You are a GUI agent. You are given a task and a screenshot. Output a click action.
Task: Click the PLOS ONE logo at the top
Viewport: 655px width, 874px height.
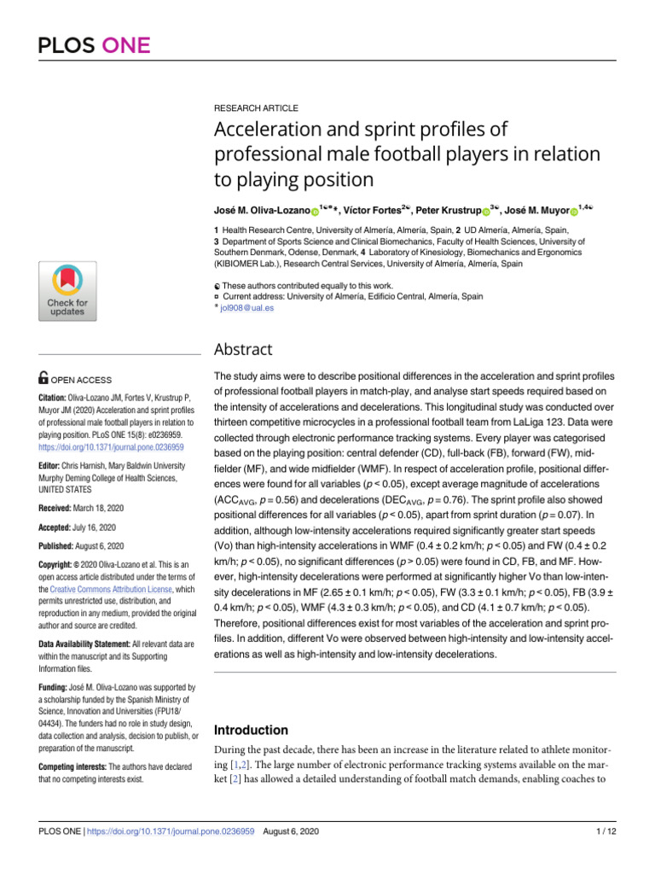tap(94, 44)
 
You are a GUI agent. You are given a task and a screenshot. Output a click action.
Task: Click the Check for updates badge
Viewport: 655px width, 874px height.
tap(67, 291)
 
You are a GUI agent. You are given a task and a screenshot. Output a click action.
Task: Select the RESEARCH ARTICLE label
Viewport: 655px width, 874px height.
tap(256, 108)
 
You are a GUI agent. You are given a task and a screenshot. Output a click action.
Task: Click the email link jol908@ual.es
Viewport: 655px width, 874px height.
tap(246, 308)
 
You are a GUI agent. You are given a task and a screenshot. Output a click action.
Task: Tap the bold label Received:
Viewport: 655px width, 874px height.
tap(61, 508)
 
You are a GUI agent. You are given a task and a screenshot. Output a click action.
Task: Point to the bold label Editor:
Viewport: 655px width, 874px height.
tap(53, 466)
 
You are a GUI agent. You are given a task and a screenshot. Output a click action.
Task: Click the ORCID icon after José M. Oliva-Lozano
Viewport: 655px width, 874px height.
tap(314, 211)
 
